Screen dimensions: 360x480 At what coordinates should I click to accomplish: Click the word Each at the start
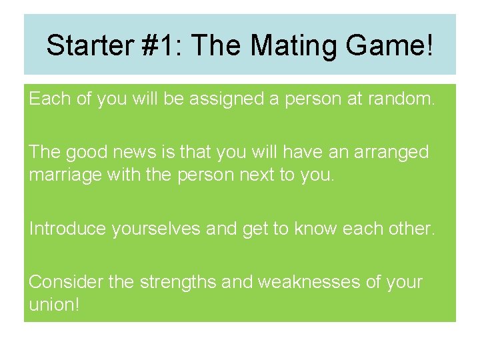[x=50, y=100]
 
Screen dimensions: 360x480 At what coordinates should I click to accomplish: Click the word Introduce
[x=68, y=229]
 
